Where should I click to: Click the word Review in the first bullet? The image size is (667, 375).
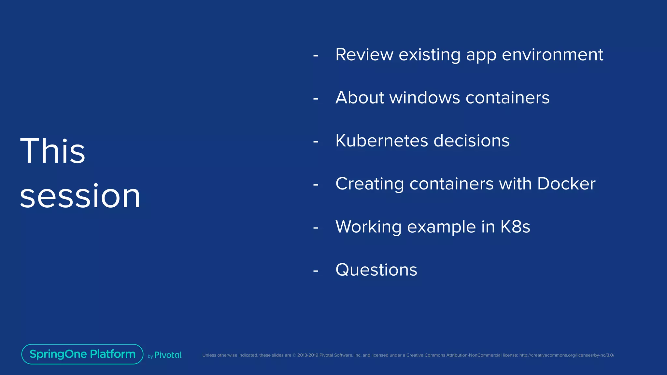(364, 54)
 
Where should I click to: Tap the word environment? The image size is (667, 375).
(552, 54)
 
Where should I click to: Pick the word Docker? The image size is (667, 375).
(566, 184)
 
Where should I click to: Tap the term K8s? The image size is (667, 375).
(515, 227)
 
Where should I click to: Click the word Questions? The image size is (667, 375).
(376, 270)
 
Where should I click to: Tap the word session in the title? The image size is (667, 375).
(80, 196)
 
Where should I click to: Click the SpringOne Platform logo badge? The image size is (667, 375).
(82, 354)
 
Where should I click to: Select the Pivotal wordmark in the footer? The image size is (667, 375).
(168, 355)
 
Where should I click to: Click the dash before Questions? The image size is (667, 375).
(316, 271)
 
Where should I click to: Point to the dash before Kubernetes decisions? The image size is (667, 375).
(316, 142)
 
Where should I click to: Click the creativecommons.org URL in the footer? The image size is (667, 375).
(566, 355)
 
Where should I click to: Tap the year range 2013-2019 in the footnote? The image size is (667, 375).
(307, 355)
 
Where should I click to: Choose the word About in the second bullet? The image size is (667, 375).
(360, 98)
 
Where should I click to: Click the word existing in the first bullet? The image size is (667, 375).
(430, 54)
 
